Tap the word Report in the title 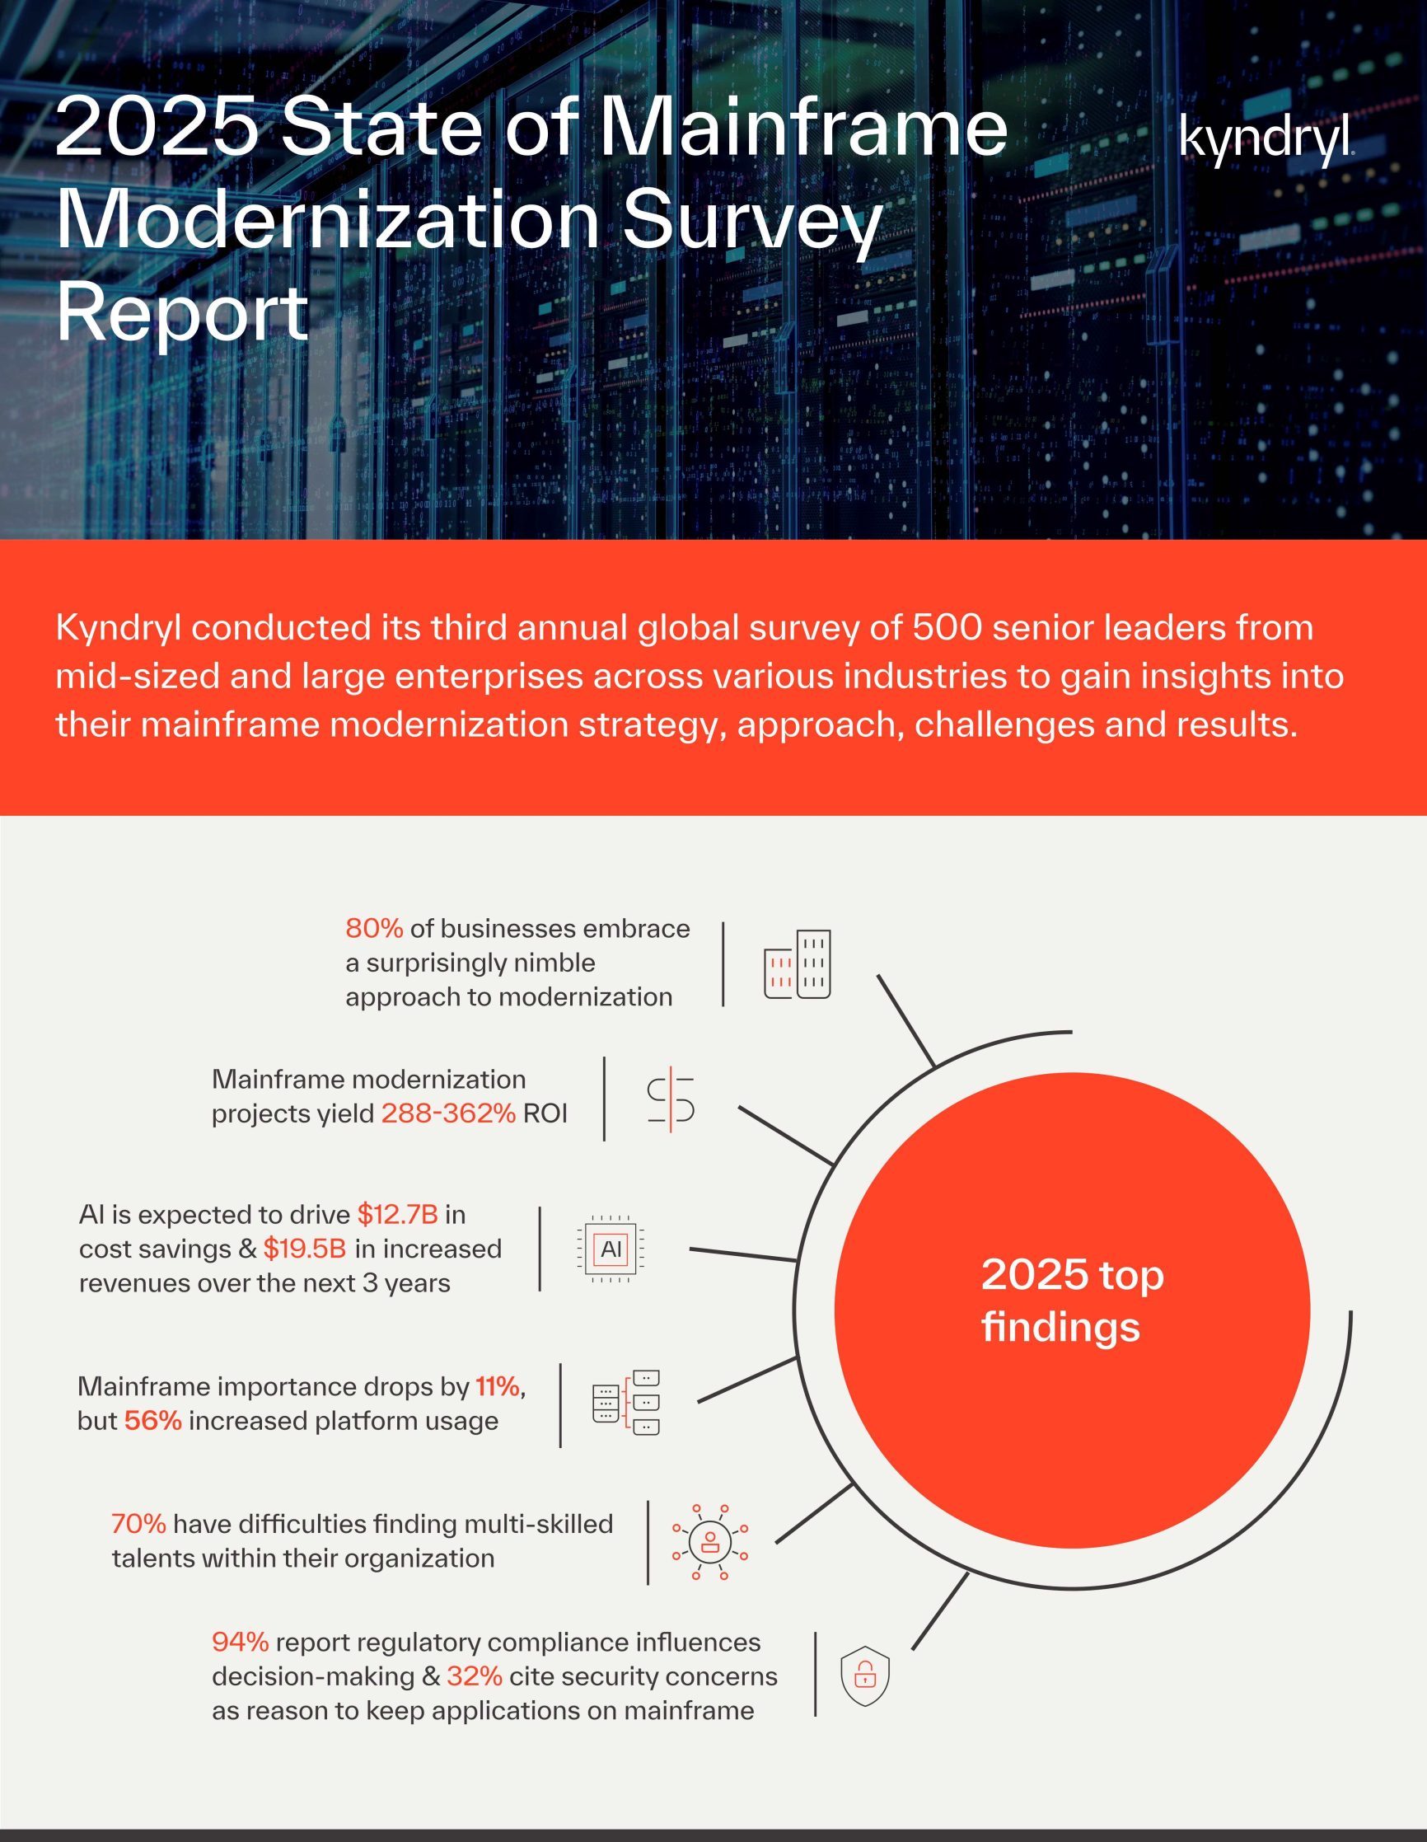point(182,312)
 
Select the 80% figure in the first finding point(373,929)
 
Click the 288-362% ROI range point(448,1113)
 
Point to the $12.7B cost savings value point(397,1215)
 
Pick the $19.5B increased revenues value point(305,1249)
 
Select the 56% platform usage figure point(152,1421)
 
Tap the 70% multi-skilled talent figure point(138,1524)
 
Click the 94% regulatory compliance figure point(241,1642)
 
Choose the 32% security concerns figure point(474,1676)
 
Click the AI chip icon point(611,1249)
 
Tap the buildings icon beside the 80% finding point(797,965)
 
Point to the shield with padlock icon point(864,1675)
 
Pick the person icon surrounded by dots point(709,1542)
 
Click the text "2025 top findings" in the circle point(1071,1301)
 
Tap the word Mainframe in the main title point(803,127)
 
